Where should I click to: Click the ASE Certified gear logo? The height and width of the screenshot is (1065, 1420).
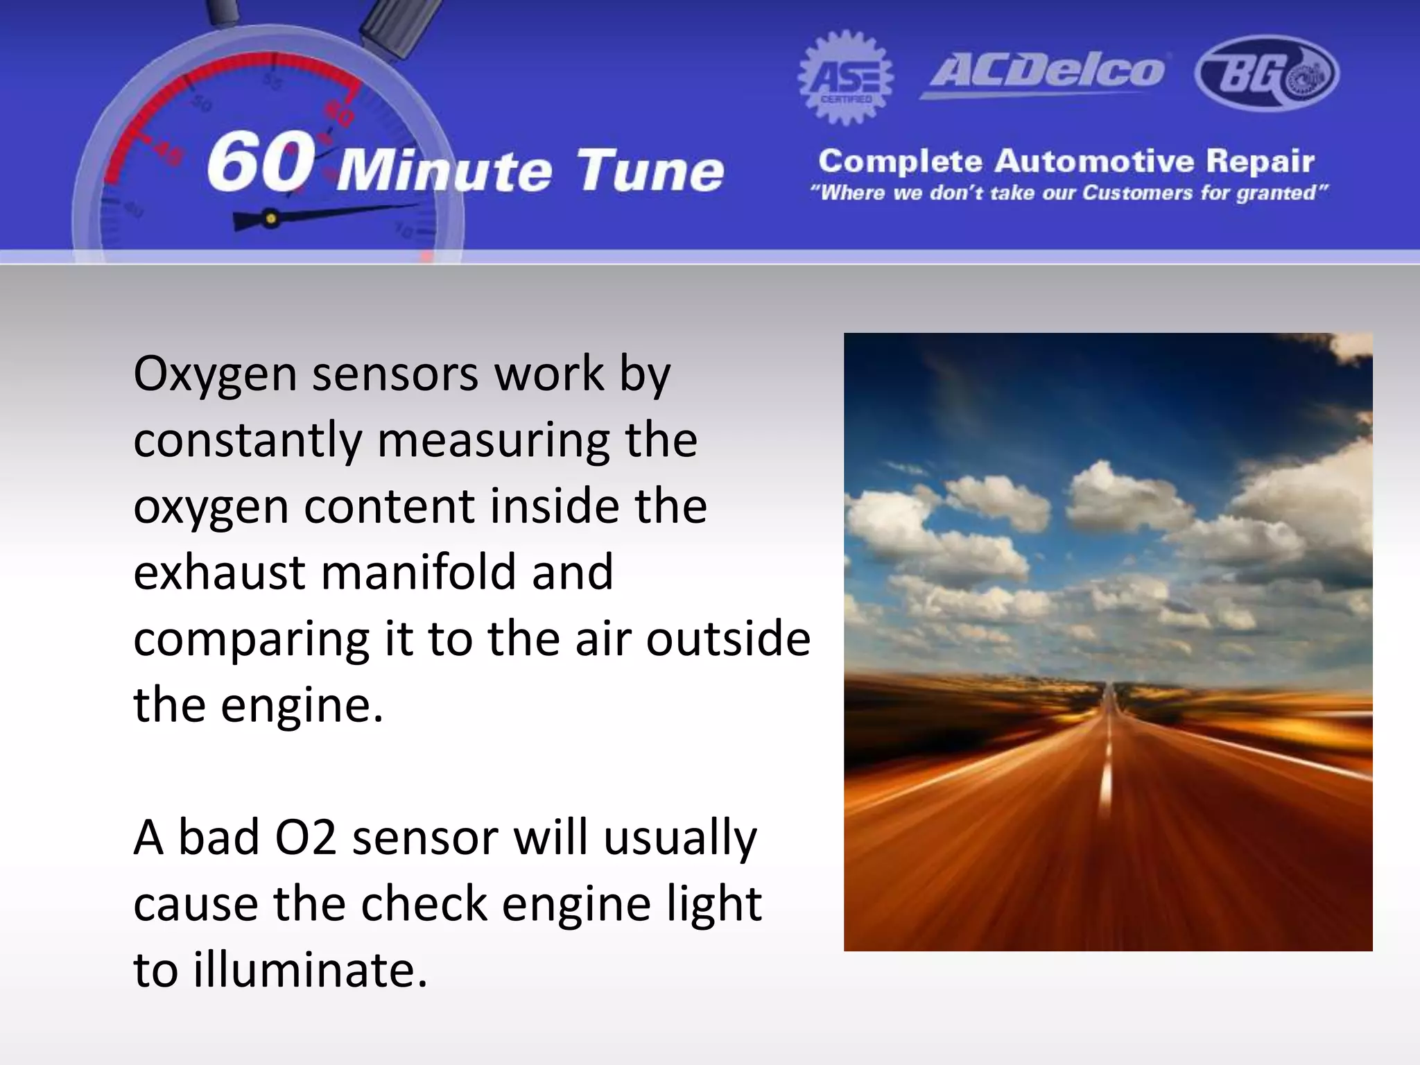[845, 78]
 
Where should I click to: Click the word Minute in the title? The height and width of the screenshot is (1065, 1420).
[444, 170]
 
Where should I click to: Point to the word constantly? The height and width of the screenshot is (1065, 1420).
[248, 441]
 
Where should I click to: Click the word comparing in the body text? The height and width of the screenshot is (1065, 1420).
[251, 640]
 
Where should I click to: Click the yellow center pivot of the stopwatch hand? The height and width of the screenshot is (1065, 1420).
[271, 219]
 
